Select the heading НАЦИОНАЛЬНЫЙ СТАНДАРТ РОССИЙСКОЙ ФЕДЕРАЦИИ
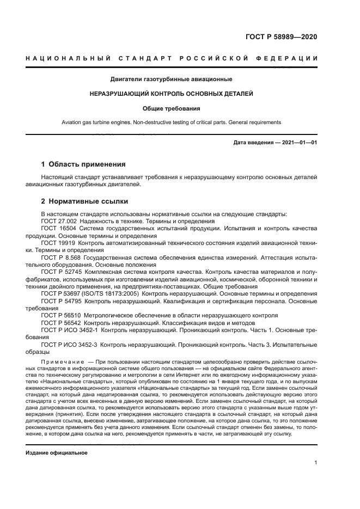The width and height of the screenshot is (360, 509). coord(172,58)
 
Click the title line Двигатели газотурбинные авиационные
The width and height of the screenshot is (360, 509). coord(172,79)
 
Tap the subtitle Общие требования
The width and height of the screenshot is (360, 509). coord(172,108)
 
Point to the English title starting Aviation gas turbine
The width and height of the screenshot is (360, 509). coord(172,122)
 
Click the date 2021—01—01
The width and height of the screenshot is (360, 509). coord(299,143)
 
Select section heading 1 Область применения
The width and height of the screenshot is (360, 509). coord(83,164)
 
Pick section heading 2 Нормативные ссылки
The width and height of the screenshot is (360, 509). coord(82,201)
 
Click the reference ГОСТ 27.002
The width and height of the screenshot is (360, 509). coord(59,222)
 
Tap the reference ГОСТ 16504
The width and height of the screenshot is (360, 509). coord(57,229)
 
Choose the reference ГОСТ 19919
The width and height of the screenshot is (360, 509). coord(57,243)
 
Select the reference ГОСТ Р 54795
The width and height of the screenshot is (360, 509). coord(60,301)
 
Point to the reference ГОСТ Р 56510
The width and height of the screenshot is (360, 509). coord(60,315)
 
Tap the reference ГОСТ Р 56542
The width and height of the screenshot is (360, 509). coord(60,322)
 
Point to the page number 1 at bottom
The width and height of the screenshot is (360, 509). coord(315,463)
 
